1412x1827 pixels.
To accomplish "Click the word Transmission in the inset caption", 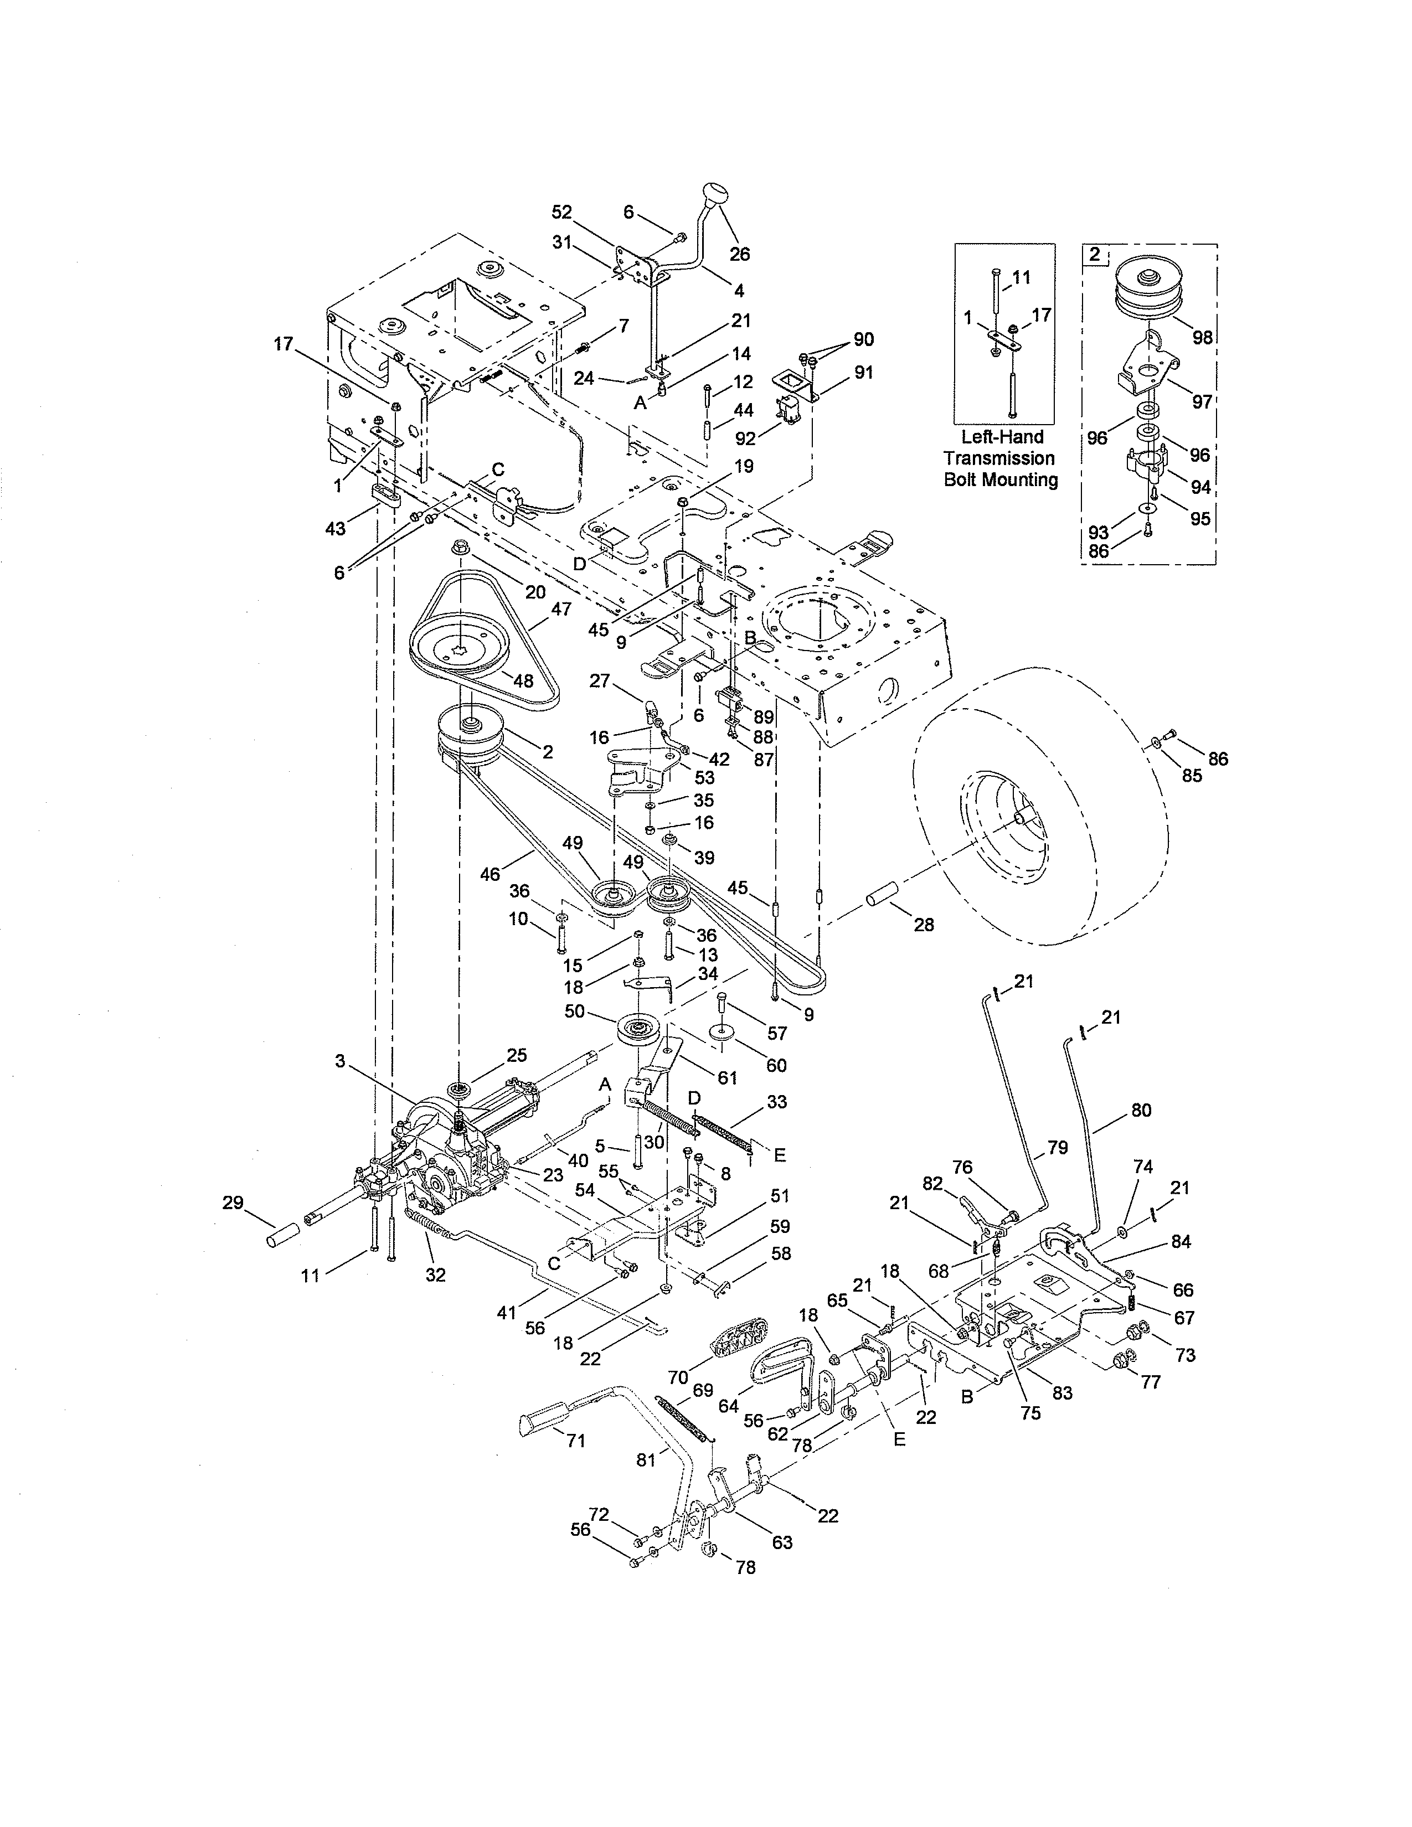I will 999,458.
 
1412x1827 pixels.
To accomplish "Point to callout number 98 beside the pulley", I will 1202,337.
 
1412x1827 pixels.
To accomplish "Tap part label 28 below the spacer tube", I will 924,925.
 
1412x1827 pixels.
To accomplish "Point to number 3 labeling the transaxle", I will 339,1061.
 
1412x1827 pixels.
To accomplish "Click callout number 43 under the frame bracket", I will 336,529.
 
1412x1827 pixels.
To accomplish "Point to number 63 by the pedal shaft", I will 782,1542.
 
